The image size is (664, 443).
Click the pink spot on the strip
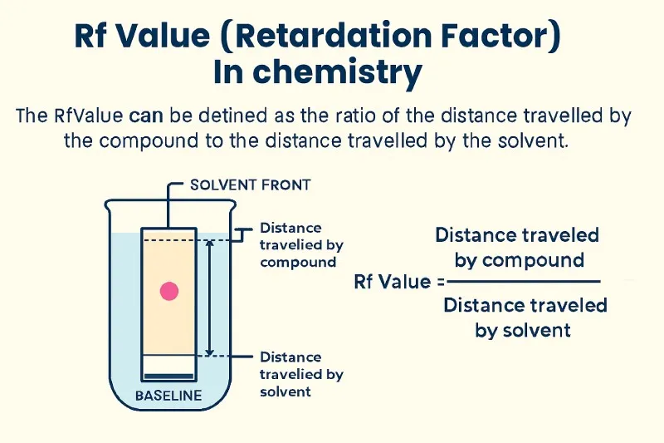169,291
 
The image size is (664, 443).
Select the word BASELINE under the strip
168,396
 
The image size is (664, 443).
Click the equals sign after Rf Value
428,282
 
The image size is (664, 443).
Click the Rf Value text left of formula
386,281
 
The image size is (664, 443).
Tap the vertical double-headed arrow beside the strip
210,297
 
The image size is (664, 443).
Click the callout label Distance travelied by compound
300,244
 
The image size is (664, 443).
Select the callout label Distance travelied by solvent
300,374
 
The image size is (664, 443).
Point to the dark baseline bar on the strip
169,358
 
